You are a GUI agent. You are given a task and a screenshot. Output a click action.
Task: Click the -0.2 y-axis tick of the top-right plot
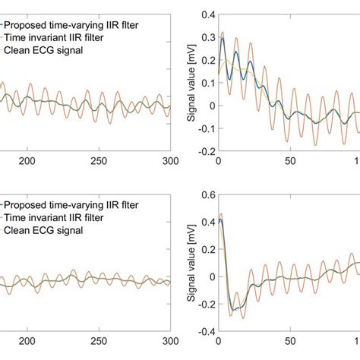[204, 151]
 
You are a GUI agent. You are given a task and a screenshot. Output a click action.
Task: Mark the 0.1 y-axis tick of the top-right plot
[205, 83]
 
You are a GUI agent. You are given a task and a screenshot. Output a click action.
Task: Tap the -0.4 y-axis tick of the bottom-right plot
[204, 333]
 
